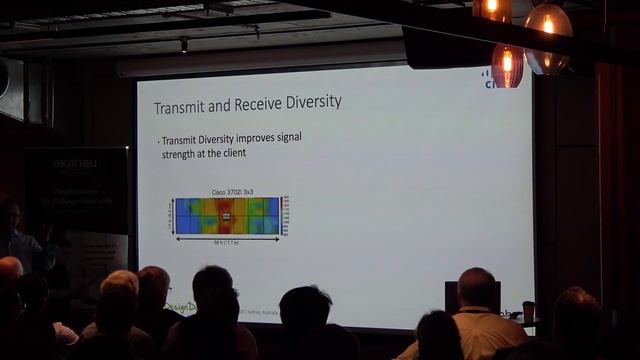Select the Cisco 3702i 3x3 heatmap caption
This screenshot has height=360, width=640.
(231, 191)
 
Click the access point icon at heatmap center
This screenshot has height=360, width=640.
(226, 216)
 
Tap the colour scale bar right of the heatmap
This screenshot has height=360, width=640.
(285, 215)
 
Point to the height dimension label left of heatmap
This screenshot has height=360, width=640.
(171, 215)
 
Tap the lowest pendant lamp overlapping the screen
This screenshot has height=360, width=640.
(507, 65)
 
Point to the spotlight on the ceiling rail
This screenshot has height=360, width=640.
(183, 44)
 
